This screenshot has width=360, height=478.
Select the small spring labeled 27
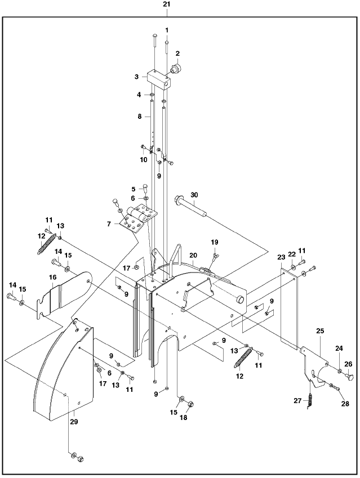[311, 401]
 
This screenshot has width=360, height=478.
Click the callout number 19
[214, 242]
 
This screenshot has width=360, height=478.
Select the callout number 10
[144, 160]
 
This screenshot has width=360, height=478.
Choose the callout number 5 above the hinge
[134, 189]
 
